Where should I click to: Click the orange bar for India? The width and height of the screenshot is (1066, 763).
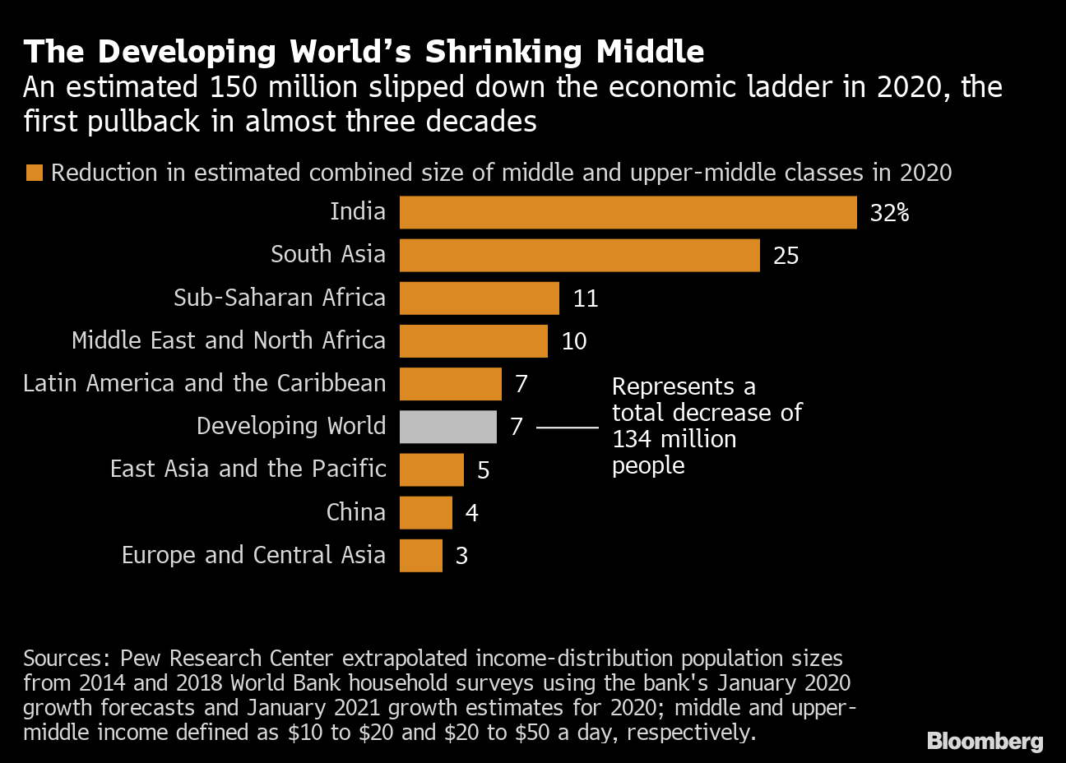click(x=628, y=212)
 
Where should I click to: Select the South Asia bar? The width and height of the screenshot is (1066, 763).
click(x=579, y=255)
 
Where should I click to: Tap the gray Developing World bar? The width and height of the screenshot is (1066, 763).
click(x=447, y=427)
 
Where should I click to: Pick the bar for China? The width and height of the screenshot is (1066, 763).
click(x=425, y=512)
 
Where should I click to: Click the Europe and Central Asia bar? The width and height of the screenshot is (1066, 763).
click(x=420, y=555)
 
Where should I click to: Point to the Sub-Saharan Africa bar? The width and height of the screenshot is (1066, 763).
click(x=479, y=298)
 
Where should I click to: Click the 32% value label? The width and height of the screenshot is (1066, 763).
click(x=889, y=213)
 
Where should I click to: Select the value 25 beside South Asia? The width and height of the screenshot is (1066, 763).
click(x=786, y=256)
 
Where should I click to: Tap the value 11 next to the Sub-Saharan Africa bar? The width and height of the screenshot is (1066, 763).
click(x=585, y=298)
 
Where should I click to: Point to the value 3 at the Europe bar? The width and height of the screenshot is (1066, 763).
click(x=461, y=556)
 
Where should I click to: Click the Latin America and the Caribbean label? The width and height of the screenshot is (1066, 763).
click(x=204, y=383)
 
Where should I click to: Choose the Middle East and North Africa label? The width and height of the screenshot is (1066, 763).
click(x=228, y=340)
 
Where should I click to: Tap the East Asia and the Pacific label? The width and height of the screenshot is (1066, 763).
click(x=248, y=469)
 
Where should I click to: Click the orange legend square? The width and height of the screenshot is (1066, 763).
click(x=34, y=173)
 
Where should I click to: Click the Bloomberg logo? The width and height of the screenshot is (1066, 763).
click(x=985, y=741)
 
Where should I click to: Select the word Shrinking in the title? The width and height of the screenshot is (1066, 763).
click(x=503, y=52)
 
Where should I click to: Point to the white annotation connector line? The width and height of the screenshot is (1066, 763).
click(x=568, y=428)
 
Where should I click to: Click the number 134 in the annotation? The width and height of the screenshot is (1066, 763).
click(x=631, y=439)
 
